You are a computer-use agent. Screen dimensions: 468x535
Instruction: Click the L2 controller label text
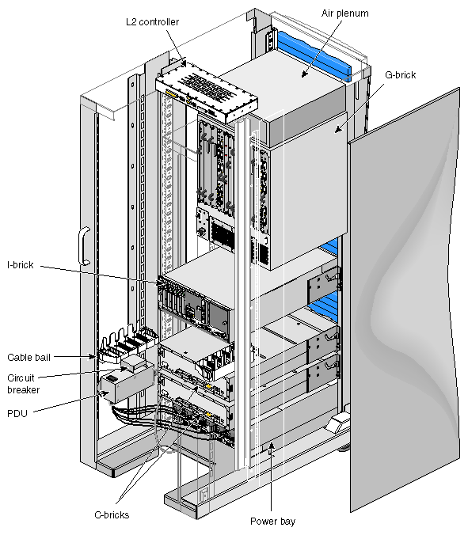coord(152,22)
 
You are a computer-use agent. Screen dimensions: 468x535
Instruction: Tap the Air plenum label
coord(344,13)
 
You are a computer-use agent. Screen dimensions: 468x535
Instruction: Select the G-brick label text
coord(400,75)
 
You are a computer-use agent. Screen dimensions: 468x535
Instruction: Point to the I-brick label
coord(21,265)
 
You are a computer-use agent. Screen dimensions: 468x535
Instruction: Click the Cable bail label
coord(29,357)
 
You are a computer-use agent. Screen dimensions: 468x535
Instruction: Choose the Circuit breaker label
coord(23,384)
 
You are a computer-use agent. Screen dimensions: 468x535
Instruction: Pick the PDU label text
coord(17,414)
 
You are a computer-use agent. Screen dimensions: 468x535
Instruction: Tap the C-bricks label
coord(112,515)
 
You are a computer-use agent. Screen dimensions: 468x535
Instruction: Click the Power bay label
coord(272,522)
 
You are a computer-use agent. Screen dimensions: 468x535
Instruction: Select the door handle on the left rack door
coord(84,245)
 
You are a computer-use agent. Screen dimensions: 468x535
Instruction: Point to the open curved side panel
coord(405,300)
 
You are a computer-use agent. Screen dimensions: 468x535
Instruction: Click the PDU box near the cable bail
coord(127,383)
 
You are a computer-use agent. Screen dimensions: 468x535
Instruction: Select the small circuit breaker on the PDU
coord(134,363)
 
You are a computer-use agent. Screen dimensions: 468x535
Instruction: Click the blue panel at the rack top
coord(314,55)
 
